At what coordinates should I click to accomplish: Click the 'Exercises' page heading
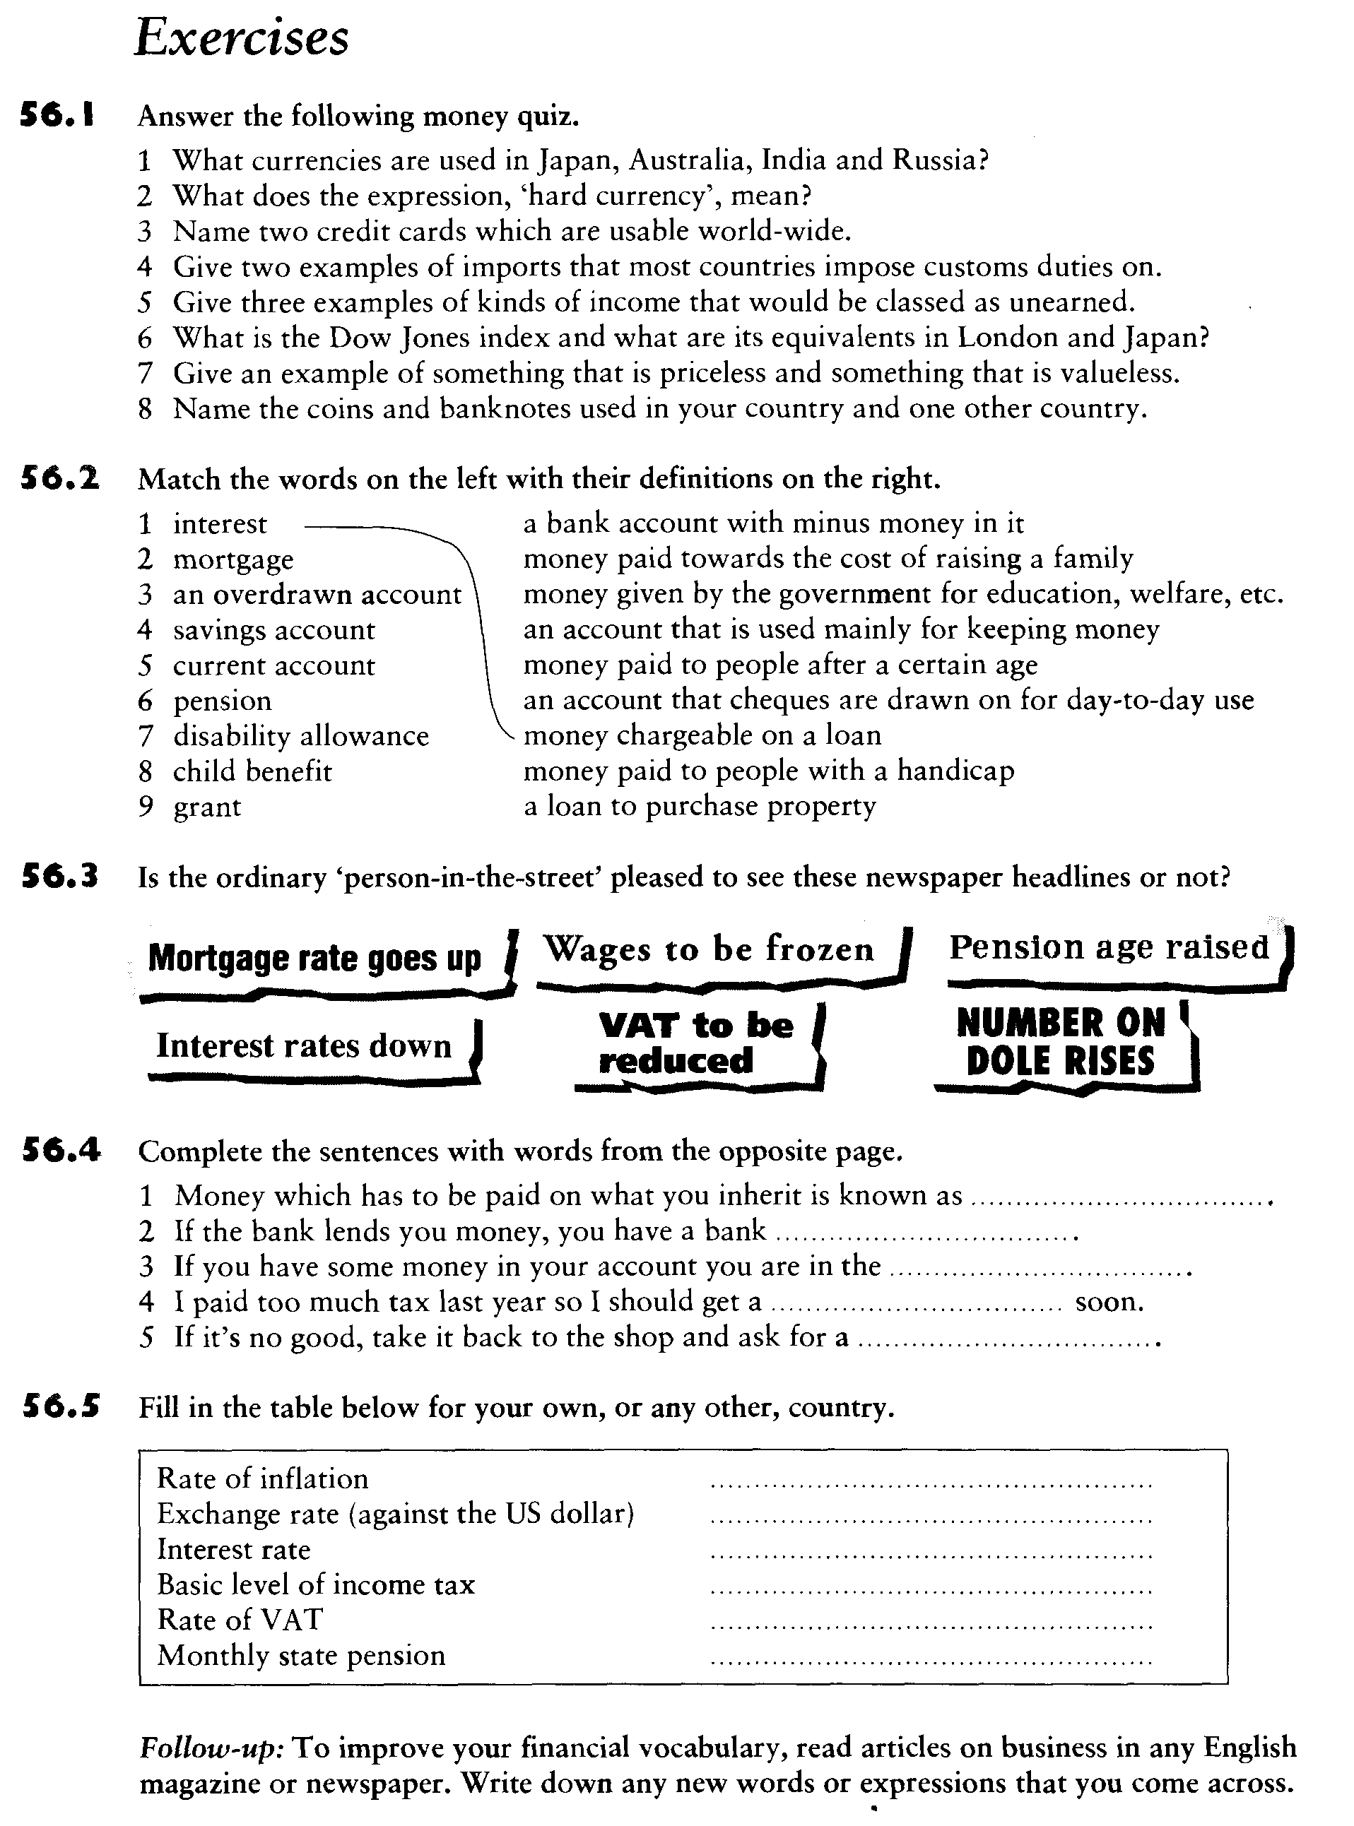coord(242,39)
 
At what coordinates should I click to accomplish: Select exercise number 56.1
coord(57,117)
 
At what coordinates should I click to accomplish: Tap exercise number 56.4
coord(61,1151)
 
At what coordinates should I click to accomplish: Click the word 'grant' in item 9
coord(206,807)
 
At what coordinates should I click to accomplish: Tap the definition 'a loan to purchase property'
coord(700,807)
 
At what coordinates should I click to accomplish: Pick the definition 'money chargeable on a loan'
coord(702,735)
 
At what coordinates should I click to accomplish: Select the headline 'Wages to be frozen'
coord(708,949)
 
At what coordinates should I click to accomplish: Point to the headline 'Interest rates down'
coord(303,1046)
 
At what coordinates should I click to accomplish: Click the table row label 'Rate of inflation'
coord(262,1478)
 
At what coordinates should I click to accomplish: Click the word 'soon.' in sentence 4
coord(1109,1303)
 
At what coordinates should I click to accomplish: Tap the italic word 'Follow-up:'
coord(211,1748)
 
